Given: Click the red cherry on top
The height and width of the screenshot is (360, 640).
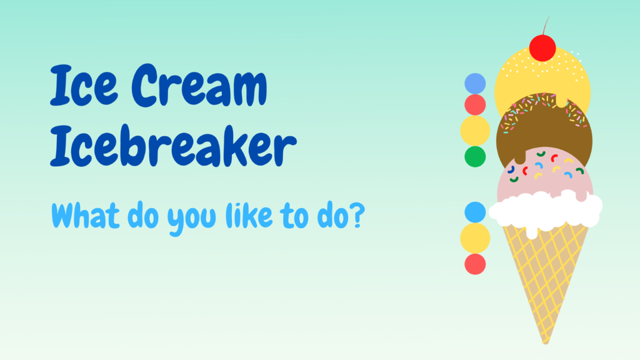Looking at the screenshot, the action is [542, 48].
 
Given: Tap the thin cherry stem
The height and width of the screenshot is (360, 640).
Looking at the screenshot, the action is [546, 25].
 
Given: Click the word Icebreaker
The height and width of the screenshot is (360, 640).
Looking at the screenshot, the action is [173, 146].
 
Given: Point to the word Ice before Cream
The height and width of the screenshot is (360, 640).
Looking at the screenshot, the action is [84, 85].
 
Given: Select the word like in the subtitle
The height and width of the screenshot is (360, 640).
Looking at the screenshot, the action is [249, 215].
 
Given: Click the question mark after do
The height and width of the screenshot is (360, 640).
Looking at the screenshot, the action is [357, 215].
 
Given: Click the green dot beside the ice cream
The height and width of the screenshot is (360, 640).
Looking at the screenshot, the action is [475, 157].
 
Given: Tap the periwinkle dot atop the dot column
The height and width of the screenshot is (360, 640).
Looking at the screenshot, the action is [475, 84].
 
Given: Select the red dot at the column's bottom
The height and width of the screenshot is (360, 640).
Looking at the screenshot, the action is [475, 264].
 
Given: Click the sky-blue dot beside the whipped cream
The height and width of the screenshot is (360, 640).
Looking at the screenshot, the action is [475, 212].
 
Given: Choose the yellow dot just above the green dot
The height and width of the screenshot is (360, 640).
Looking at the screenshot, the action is [475, 131].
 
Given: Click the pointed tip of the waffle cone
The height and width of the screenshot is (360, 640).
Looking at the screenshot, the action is [546, 343].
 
